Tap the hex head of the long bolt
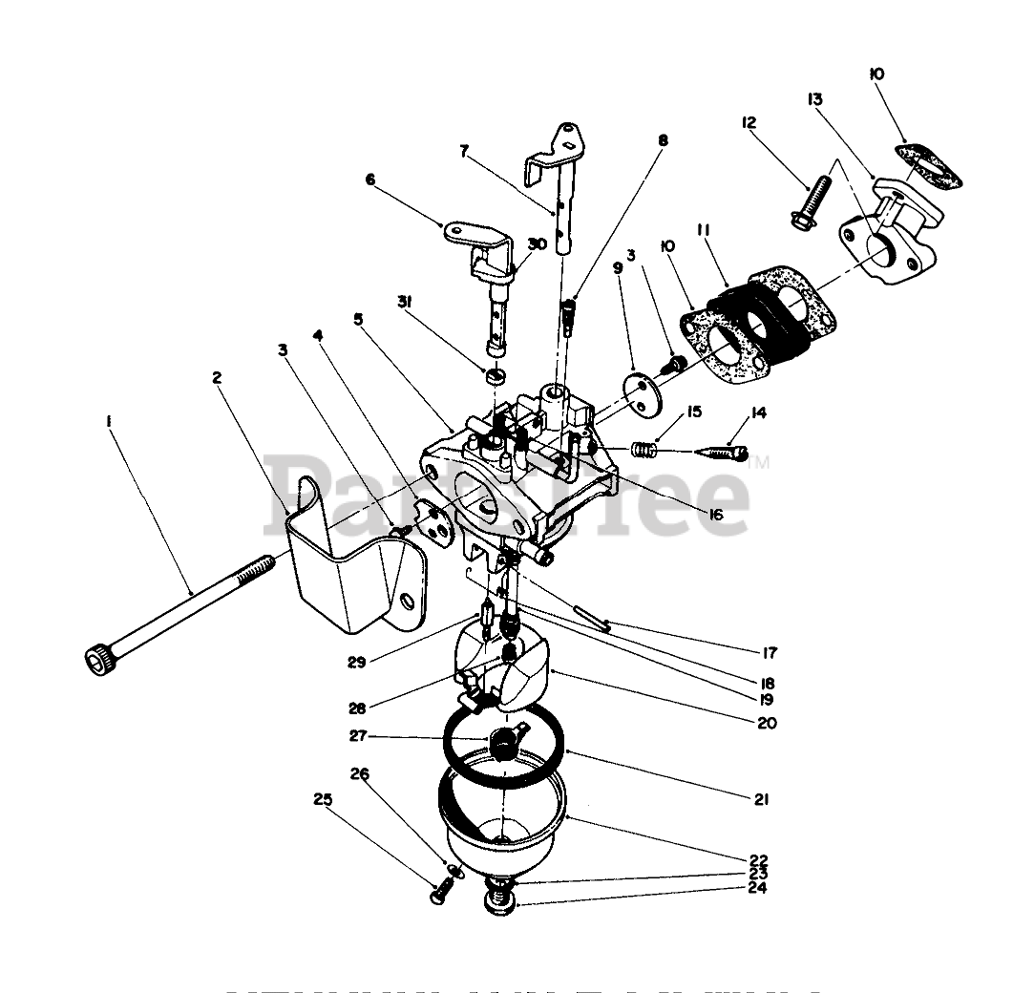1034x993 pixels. (95, 658)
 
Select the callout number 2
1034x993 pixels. (217, 377)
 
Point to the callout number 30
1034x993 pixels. (538, 244)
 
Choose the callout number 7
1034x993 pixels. (465, 150)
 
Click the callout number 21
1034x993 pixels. (761, 800)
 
